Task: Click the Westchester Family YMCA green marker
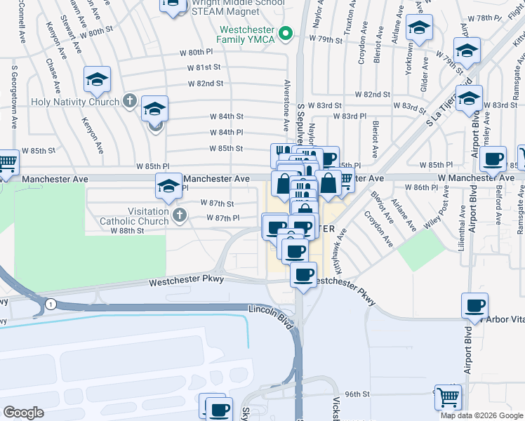[286, 33]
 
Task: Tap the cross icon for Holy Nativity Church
[129, 102]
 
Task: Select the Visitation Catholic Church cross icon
[179, 215]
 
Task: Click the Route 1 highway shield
[51, 304]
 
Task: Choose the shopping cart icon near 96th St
[448, 397]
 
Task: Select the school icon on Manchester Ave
[168, 187]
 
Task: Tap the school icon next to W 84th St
[154, 109]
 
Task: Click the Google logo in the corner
[23, 412]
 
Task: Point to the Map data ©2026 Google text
[481, 415]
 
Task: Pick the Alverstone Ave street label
[286, 112]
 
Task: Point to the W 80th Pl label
[196, 52]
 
